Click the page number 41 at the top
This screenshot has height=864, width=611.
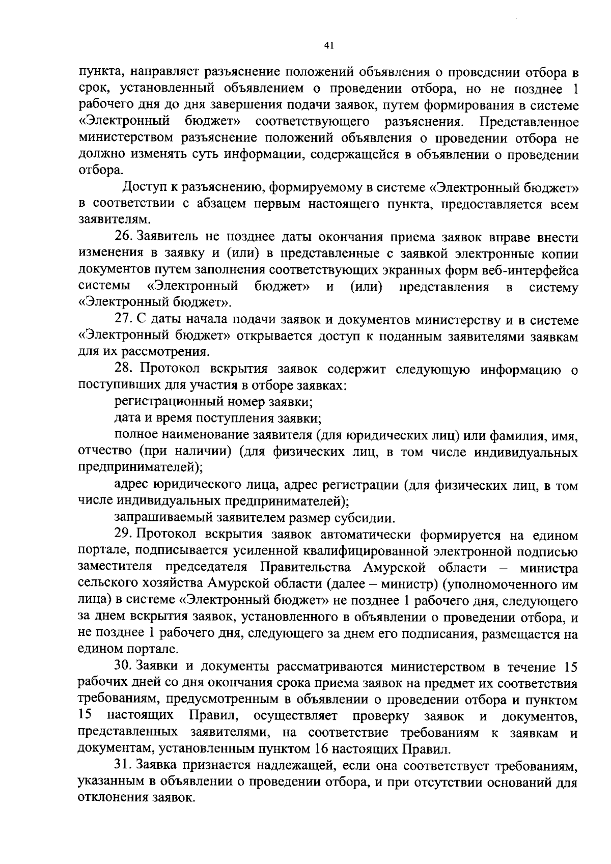[x=328, y=45]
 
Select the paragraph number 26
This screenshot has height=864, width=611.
[x=123, y=237]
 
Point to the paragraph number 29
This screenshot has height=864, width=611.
[x=123, y=535]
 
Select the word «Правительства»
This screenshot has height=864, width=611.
[x=308, y=568]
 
